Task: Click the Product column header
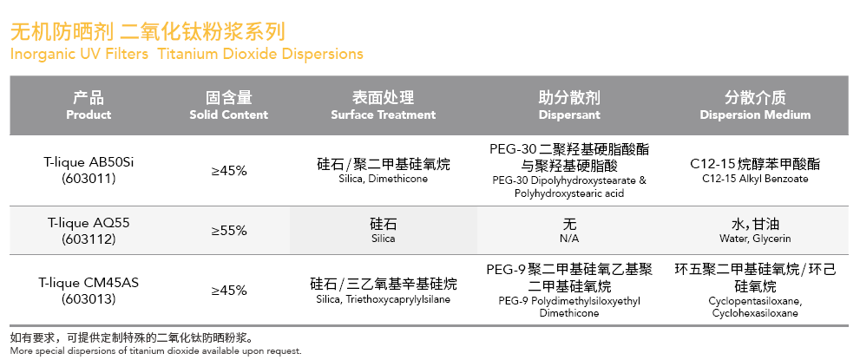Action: pos(89,106)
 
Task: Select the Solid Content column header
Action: pos(229,106)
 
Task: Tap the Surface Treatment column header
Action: pos(383,106)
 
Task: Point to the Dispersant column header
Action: pos(569,106)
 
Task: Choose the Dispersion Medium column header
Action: pos(755,106)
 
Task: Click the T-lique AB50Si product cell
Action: pos(89,170)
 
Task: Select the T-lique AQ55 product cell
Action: pos(89,231)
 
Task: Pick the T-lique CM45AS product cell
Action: pos(89,291)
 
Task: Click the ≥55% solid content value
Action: pos(229,231)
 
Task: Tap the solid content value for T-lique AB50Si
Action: pos(229,171)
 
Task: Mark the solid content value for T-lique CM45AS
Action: pos(229,291)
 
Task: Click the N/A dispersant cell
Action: pos(569,232)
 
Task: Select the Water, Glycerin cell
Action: pos(755,232)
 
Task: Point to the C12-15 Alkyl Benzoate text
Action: pos(755,180)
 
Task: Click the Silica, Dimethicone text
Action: pos(383,180)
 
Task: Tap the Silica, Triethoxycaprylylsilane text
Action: pos(383,299)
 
